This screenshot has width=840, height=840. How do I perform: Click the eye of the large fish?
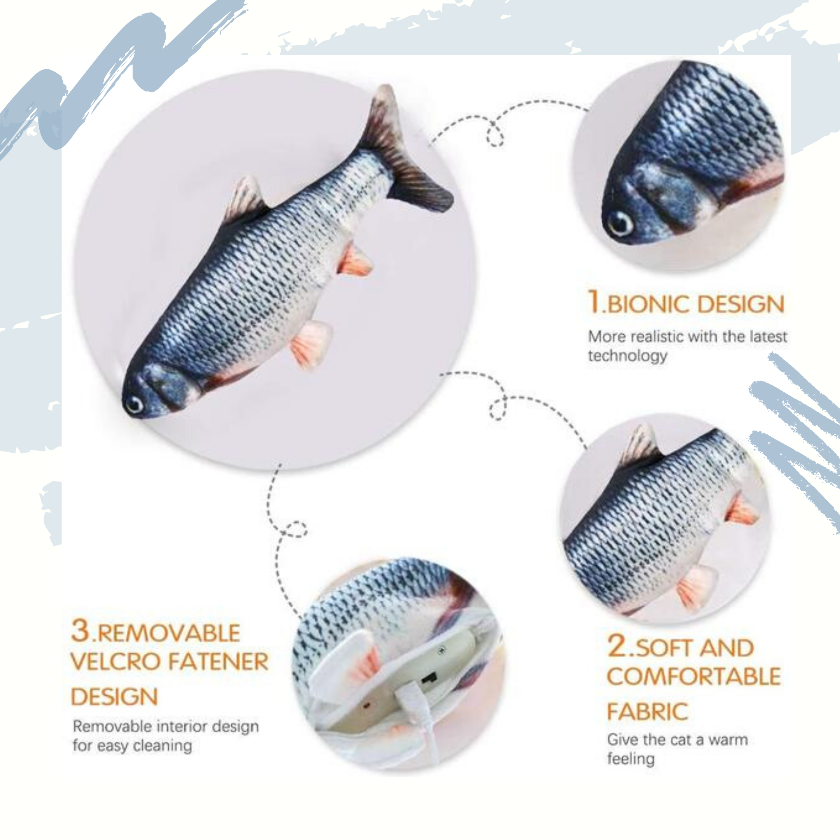tap(134, 404)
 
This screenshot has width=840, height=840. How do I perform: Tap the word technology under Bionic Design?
tap(627, 356)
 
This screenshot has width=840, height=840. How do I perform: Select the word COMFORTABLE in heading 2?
tap(694, 677)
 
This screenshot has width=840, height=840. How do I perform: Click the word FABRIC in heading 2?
tap(647, 712)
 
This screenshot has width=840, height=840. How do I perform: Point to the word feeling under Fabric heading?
tap(630, 759)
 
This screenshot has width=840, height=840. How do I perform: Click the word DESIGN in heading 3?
tap(114, 696)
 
